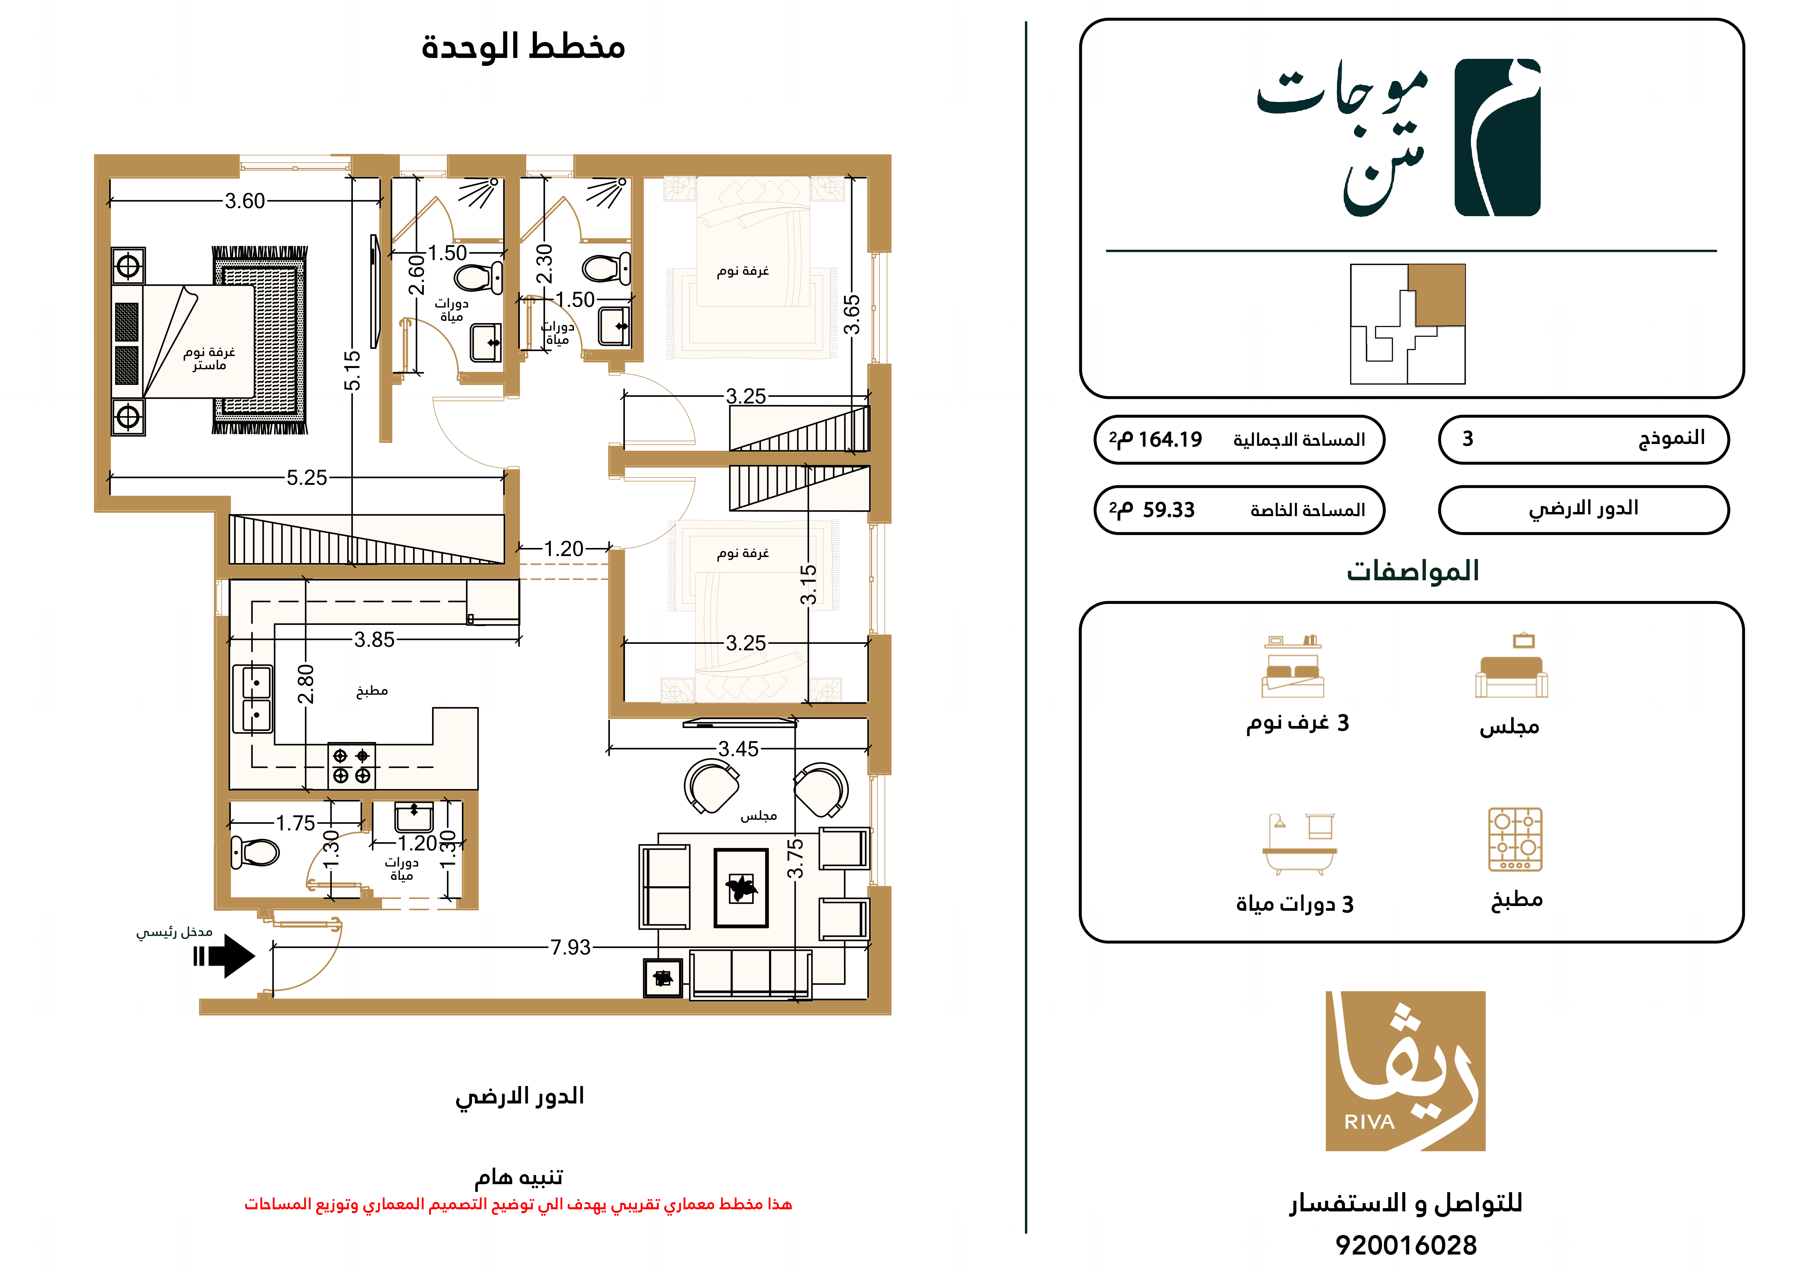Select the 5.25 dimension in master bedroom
307,477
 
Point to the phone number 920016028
1406,1245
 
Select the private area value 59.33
1169,510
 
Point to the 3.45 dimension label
738,748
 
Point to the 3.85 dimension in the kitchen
374,639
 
